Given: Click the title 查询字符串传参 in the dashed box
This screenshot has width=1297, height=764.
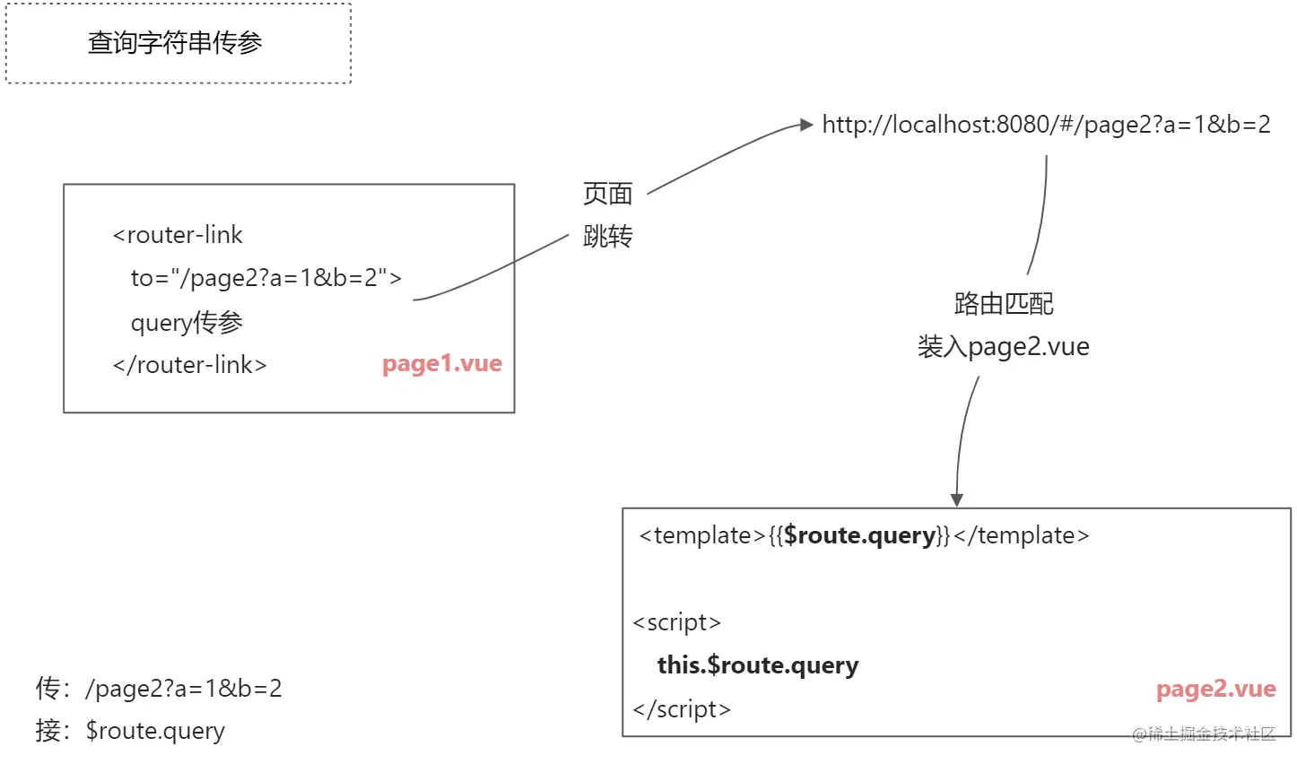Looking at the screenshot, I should click(175, 43).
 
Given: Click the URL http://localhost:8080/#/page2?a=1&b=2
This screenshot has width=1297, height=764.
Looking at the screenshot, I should click(1046, 125).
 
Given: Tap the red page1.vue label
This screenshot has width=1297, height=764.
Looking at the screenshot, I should click(441, 363).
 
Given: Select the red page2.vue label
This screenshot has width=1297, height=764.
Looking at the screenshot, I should click(1215, 689).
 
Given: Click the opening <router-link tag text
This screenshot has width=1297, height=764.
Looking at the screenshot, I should click(178, 235).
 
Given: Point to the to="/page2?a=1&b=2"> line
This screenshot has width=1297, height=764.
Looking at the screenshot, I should click(265, 278).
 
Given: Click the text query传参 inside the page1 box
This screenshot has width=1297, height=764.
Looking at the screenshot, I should click(187, 322).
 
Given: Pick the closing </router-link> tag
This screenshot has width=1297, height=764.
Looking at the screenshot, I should click(189, 365).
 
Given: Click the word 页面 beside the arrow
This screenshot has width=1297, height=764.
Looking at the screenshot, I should click(607, 193).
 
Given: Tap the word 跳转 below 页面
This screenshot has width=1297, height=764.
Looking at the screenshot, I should click(607, 236).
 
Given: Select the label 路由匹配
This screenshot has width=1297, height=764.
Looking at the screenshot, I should click(1003, 303).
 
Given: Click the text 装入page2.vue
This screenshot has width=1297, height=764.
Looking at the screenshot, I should click(1003, 346).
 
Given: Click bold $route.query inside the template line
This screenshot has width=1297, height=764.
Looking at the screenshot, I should click(859, 535).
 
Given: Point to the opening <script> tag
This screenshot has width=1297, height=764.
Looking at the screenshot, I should click(676, 622).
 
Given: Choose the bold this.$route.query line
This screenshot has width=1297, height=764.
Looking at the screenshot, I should click(758, 665).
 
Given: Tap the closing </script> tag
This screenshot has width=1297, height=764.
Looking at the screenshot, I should click(681, 709).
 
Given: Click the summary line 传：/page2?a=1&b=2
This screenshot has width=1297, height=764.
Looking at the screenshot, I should click(159, 688).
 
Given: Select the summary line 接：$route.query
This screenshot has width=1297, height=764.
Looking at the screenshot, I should click(130, 731).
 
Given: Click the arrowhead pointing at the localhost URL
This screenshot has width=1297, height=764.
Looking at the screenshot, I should click(805, 126).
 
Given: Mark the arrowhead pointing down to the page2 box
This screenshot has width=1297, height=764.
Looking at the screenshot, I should click(956, 499).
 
